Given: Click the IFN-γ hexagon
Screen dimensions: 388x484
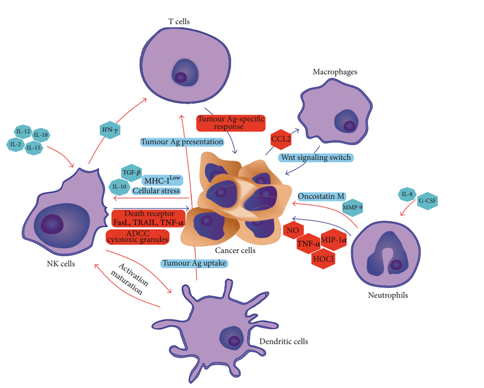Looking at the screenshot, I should point(109,130).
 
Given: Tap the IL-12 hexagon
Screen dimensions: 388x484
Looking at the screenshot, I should point(23,131).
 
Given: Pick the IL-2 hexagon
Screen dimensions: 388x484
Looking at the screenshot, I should point(15,145).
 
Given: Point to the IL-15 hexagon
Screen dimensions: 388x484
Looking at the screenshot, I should point(34,148).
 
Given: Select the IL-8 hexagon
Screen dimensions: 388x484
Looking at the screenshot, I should point(407,194).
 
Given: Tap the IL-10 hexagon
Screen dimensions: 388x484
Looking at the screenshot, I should point(119,186).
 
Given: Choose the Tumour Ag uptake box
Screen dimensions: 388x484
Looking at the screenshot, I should point(190,262).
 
